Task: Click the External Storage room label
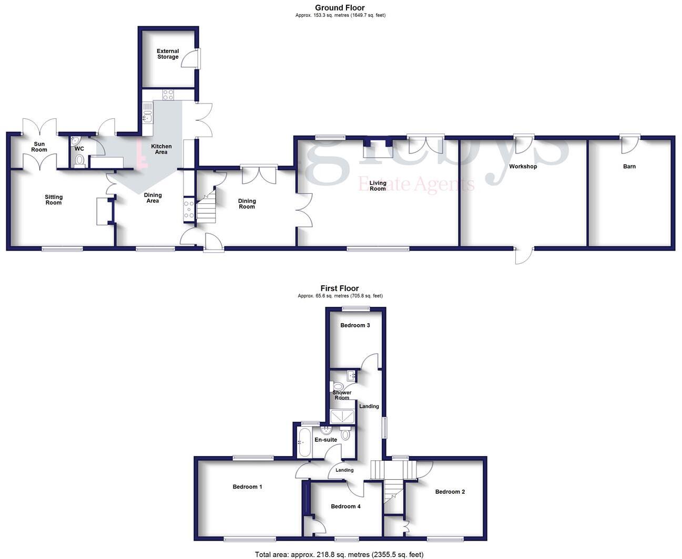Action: [168, 54]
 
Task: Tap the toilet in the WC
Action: [80, 159]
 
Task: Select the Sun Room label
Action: [39, 147]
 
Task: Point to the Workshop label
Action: [523, 167]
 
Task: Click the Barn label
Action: [629, 167]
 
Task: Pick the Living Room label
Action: [378, 185]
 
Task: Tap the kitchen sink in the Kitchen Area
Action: [147, 112]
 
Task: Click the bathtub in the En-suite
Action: [304, 442]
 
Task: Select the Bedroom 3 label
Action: [355, 325]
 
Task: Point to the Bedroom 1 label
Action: [247, 487]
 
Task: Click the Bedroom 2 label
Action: [450, 492]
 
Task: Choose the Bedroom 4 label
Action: [345, 506]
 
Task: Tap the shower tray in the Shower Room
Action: [342, 417]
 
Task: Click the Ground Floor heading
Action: [340, 7]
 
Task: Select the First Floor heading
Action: [340, 288]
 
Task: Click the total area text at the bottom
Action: [339, 554]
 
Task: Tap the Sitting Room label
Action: [54, 200]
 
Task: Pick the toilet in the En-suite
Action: [345, 434]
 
